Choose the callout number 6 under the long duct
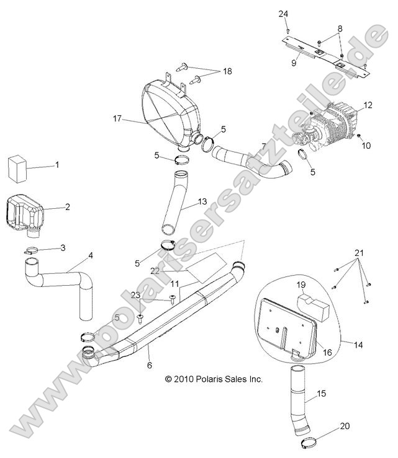click(149, 366)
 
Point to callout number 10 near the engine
click(366, 146)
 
